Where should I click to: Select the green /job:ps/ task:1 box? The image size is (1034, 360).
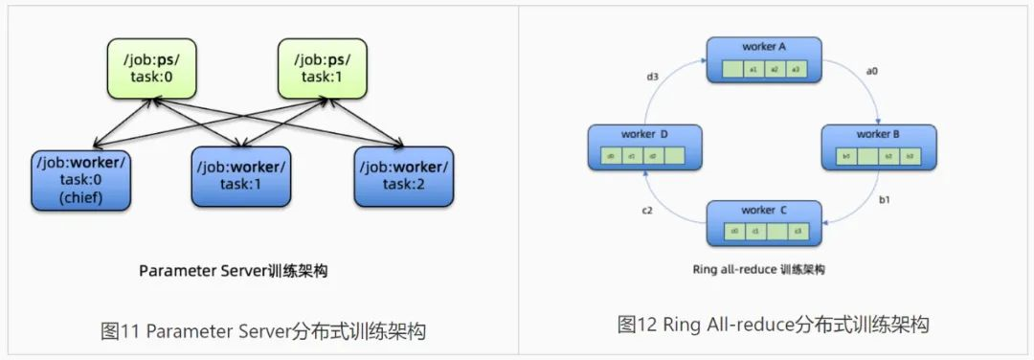click(319, 68)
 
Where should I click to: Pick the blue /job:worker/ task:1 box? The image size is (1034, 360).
click(241, 176)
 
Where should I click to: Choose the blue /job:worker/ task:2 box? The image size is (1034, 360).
click(402, 176)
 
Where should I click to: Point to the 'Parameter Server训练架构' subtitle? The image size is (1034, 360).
click(233, 271)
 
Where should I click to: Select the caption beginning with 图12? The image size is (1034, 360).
click(774, 325)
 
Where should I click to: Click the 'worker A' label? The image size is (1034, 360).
click(764, 46)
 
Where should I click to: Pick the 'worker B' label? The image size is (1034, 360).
click(878, 134)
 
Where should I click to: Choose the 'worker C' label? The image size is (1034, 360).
click(764, 209)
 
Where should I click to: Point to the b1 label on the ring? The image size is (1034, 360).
click(886, 201)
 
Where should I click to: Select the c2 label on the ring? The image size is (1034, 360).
click(647, 211)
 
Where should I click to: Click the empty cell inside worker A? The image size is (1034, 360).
click(731, 69)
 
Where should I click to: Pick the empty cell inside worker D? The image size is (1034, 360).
click(675, 156)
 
